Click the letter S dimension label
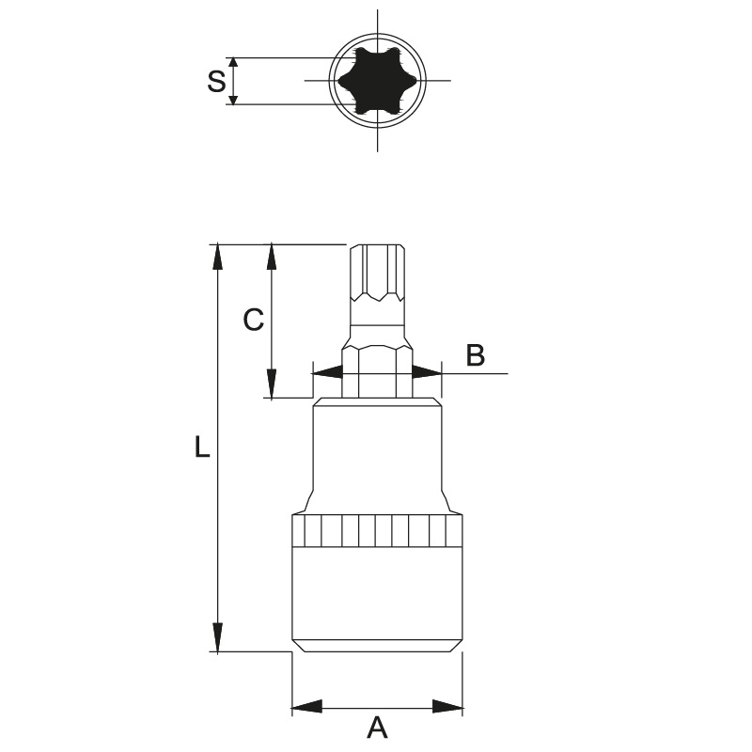[x=216, y=81]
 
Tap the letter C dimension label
[x=253, y=320]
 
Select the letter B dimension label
[x=476, y=355]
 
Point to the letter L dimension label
[x=202, y=446]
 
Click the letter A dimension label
[x=377, y=728]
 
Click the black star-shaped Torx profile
[x=378, y=81]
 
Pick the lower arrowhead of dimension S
[x=233, y=98]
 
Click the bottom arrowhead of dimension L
[x=218, y=638]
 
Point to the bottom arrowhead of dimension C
[x=272, y=384]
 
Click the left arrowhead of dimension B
[x=327, y=372]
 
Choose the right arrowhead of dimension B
[x=427, y=372]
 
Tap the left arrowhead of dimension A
[x=306, y=707]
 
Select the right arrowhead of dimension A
[x=447, y=707]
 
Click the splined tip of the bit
[x=378, y=273]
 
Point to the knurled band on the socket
[x=378, y=530]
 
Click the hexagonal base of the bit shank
[x=378, y=371]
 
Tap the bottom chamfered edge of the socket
[x=378, y=646]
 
